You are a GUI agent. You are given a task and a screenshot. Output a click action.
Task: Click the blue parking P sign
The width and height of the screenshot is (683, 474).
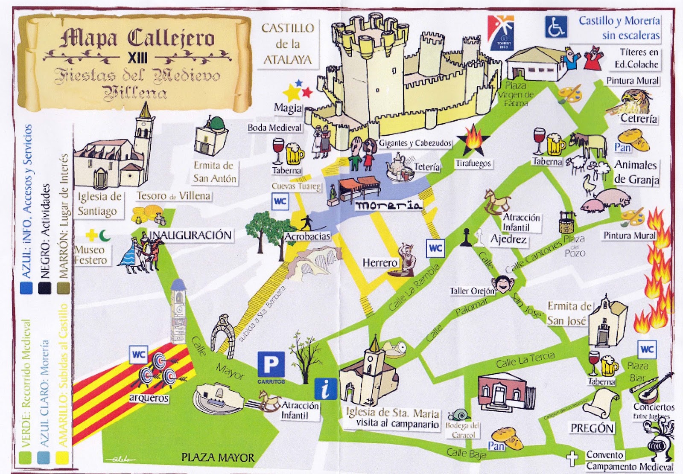[271, 365]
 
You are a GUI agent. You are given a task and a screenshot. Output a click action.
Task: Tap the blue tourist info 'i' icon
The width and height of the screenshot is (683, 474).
[326, 388]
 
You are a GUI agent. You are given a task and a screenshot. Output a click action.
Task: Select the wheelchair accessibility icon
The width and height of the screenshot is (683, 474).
[556, 26]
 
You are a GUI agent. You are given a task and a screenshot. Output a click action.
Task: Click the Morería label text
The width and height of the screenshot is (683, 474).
[388, 205]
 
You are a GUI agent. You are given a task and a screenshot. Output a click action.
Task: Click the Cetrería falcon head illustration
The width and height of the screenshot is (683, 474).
[636, 101]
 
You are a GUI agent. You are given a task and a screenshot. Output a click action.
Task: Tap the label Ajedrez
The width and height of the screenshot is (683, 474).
[508, 239]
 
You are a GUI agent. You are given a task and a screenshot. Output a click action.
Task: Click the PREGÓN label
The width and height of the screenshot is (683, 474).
[592, 428]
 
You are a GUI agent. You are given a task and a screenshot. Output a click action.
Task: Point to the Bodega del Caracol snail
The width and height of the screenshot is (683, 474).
[460, 414]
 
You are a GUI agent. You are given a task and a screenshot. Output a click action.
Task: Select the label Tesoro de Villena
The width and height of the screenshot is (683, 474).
[173, 196]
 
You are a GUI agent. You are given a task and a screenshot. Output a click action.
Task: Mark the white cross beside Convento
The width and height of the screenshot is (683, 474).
[572, 459]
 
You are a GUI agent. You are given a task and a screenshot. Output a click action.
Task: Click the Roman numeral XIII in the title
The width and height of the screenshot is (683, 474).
[138, 57]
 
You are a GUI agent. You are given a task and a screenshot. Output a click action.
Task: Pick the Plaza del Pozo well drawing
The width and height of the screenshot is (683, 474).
[566, 222]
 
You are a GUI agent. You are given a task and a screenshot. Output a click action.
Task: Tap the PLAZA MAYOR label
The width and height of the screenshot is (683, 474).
[218, 458]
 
